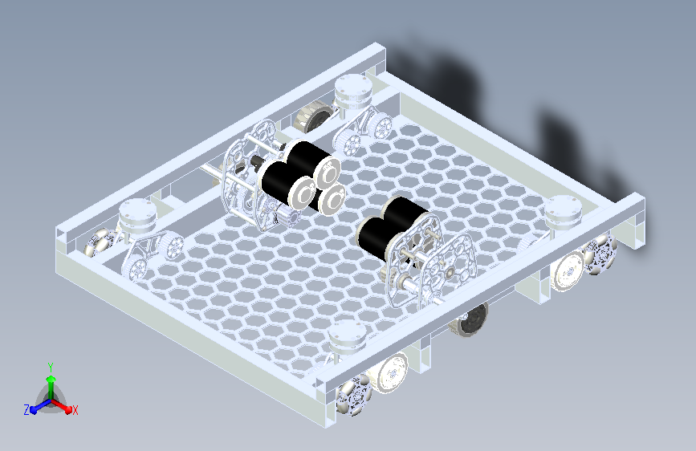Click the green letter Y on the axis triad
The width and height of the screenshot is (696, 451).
(51, 368)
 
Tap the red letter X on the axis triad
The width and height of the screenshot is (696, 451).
(75, 410)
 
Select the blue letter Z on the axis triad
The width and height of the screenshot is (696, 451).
(26, 410)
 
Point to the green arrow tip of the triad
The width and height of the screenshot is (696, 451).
(51, 379)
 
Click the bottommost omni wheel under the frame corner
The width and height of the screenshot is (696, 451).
(353, 394)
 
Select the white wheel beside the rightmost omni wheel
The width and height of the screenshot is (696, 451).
(568, 270)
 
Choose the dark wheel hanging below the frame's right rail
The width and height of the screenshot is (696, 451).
(470, 319)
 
